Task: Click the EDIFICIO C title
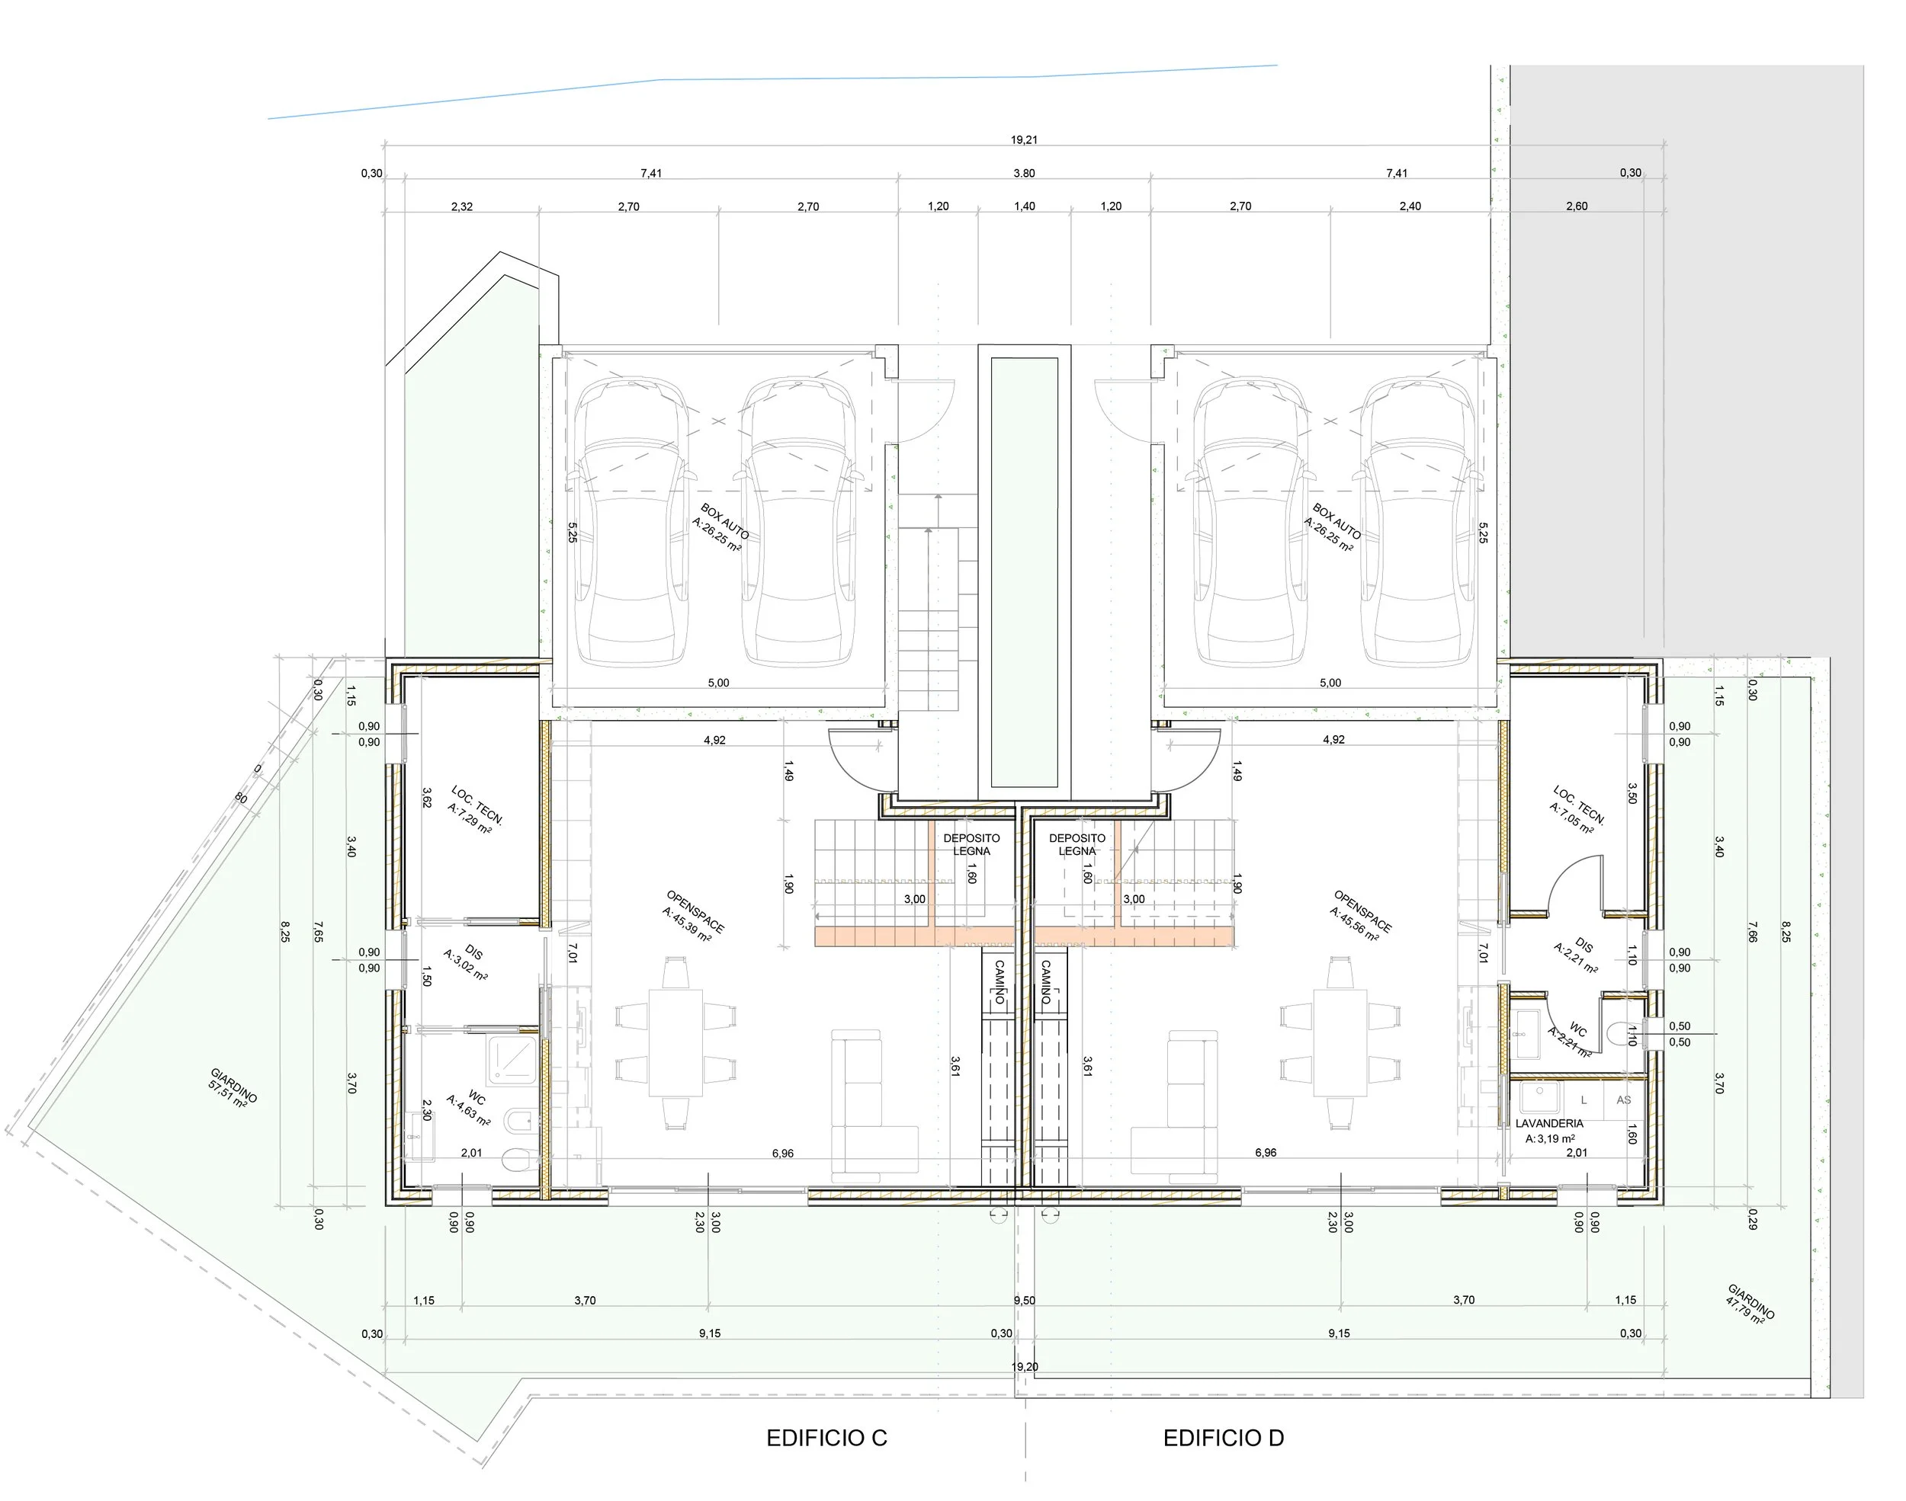tap(826, 1438)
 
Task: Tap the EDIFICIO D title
tap(1223, 1438)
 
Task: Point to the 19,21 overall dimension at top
tap(1023, 139)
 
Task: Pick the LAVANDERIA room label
tap(1549, 1123)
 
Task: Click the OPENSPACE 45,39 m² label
tap(694, 917)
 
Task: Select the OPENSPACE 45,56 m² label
tap(1360, 917)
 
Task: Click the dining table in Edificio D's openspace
tap(1341, 1042)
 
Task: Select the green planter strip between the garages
tap(1024, 571)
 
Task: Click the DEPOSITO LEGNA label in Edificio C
tap(971, 844)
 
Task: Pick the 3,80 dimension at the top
tap(1024, 173)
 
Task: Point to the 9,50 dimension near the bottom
tap(1023, 1300)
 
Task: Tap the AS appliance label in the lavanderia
tap(1623, 1099)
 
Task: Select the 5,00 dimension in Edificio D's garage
tap(1330, 683)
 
